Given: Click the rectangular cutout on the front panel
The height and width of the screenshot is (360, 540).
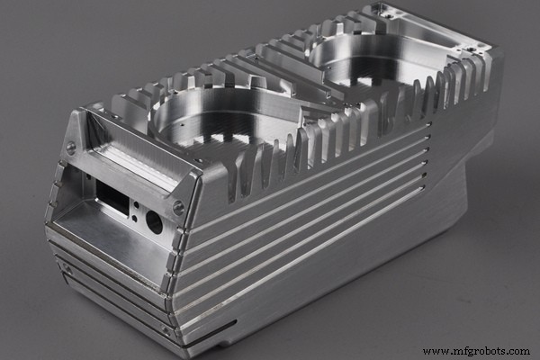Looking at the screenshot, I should point(112,195).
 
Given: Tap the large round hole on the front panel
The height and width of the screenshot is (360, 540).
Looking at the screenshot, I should point(154,221).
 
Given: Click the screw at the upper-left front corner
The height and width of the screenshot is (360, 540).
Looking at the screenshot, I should point(71,148).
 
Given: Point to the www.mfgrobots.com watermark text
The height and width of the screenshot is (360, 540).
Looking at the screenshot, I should point(476,350).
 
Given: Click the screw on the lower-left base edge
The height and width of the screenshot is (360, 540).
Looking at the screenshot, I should point(66,267).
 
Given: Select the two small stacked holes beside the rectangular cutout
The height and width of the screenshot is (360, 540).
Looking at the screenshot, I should point(135,210).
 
